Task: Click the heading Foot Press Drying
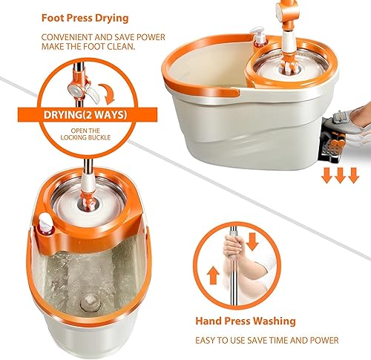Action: pyautogui.click(x=85, y=19)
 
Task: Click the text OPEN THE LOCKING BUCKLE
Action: pyautogui.click(x=85, y=134)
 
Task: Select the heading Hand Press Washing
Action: pyautogui.click(x=246, y=321)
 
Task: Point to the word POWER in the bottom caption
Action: pyautogui.click(x=324, y=340)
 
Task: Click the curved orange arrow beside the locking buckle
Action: pyautogui.click(x=107, y=94)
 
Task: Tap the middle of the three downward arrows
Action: pyautogui.click(x=340, y=175)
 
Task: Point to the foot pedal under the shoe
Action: pyautogui.click(x=332, y=147)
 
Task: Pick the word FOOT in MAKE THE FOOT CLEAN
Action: pyautogui.click(x=93, y=46)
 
